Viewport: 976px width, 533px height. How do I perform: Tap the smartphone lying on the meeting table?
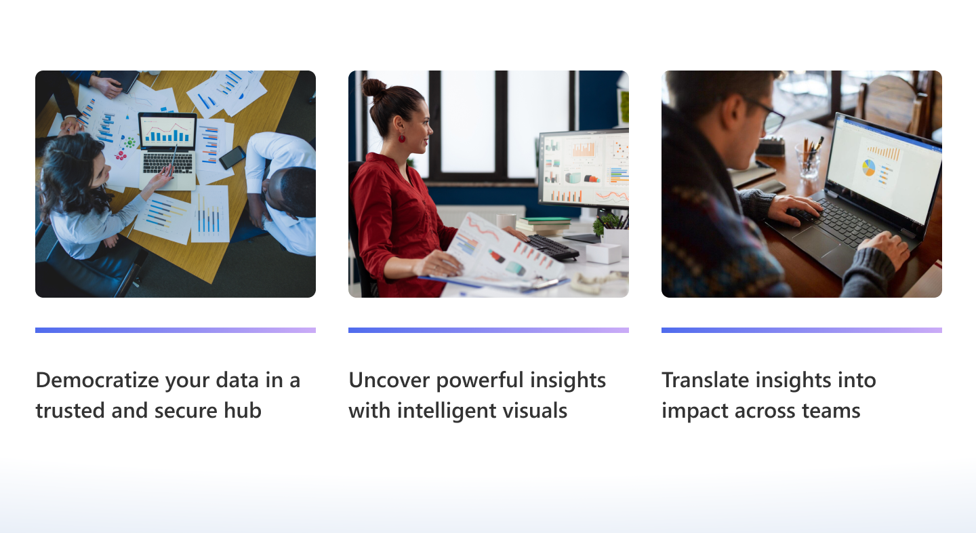[x=232, y=157]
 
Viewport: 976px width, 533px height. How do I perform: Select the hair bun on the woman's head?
[x=373, y=88]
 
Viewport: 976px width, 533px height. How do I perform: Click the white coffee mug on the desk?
[x=506, y=221]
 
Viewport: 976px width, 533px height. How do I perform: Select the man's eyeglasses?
[x=769, y=116]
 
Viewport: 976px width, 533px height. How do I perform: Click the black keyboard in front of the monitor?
[x=552, y=247]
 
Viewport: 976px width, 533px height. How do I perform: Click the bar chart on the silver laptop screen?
[x=166, y=133]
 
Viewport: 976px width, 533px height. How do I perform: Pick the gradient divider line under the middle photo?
[x=488, y=330]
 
